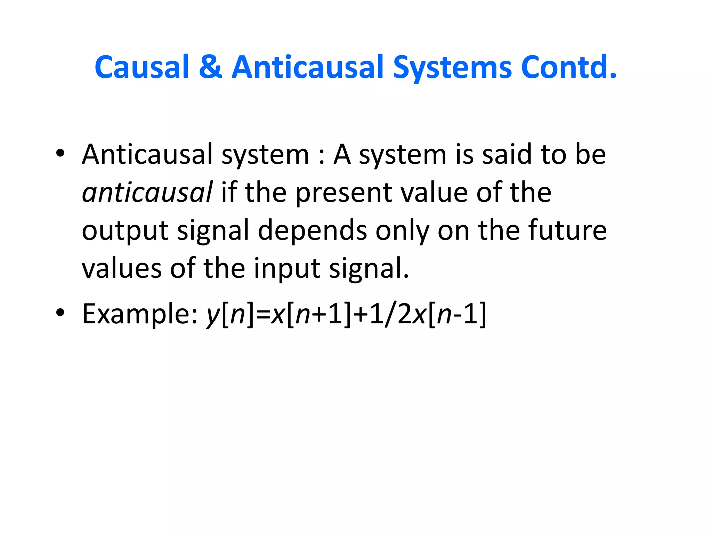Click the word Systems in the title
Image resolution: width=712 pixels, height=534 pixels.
452,68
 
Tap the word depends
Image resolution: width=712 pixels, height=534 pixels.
312,231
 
